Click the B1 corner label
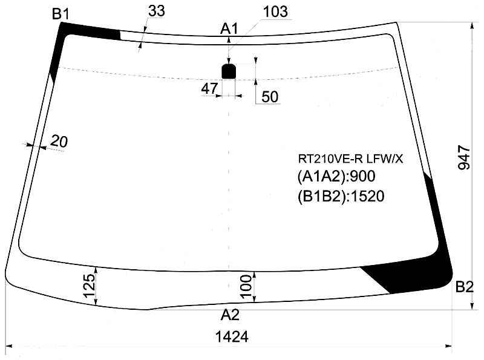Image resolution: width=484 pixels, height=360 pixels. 61,14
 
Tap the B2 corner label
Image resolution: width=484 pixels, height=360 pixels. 464,287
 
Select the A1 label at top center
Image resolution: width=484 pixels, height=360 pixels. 229,29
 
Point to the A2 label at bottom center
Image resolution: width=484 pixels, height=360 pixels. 230,315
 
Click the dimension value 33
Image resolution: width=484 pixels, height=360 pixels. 157,11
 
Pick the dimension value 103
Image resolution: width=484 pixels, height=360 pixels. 275,11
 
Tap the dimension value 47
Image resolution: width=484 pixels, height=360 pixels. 209,89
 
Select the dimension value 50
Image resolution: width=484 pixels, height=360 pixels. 270,97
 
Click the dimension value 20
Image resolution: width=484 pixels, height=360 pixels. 59,142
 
